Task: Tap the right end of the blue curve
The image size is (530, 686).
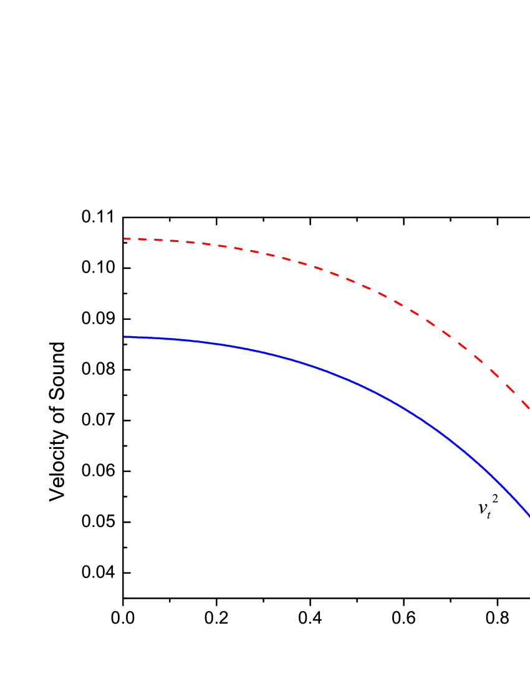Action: point(529,515)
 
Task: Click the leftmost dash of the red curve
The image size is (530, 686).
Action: point(127,239)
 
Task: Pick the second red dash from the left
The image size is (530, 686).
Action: point(143,239)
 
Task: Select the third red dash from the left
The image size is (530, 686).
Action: point(158,240)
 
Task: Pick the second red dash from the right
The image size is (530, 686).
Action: point(510,389)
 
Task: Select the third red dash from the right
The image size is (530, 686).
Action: point(494,374)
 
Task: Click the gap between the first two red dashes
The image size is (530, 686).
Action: point(135,239)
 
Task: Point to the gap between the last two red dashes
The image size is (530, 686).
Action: point(518,397)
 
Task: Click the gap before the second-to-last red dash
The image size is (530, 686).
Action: point(503,381)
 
